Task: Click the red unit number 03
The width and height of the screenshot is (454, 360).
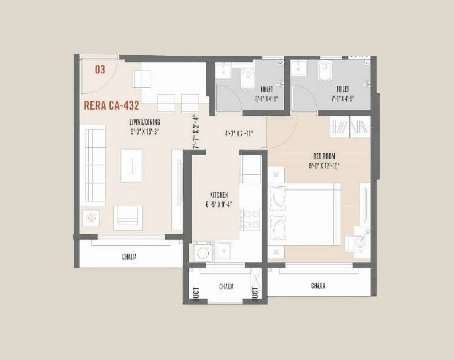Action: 100,70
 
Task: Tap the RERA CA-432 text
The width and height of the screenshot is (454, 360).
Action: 111,106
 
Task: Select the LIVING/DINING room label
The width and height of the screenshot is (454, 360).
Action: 144,126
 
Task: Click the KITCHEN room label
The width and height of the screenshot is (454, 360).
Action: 219,199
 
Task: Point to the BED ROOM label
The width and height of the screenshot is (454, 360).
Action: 324,160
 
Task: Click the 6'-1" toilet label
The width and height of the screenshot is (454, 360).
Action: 266,94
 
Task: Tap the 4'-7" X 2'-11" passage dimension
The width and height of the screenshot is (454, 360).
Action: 239,134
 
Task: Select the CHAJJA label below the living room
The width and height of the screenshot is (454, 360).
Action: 129,257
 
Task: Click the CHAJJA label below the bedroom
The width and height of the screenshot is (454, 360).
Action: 318,286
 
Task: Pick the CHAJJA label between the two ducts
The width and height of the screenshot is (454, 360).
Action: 226,286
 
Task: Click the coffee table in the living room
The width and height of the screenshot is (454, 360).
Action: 132,165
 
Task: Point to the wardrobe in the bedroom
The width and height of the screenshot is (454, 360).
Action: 350,127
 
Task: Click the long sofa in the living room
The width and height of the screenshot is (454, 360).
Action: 95,165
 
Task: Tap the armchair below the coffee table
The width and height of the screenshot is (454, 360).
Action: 128,218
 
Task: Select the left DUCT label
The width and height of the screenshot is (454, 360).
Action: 196,295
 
